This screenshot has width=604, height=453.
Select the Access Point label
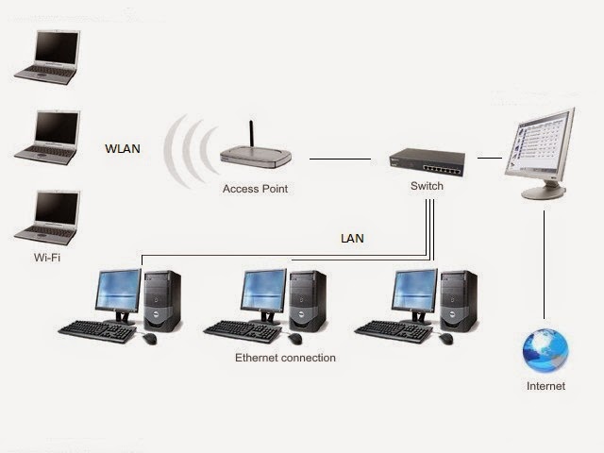[255, 189]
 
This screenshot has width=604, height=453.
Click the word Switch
[427, 186]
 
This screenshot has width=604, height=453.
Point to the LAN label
[352, 239]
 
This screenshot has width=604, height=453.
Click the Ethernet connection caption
[285, 359]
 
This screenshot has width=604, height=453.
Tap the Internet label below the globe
[545, 386]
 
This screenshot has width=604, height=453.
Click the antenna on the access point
[251, 133]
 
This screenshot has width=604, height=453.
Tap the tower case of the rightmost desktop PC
[461, 300]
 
